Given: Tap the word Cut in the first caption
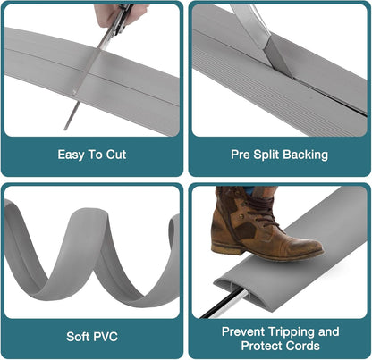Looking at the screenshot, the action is (116, 155).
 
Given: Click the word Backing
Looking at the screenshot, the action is (306, 155).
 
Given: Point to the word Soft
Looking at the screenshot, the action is (78, 337).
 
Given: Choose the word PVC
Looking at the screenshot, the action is (106, 337).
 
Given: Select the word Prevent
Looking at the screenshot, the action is (243, 331).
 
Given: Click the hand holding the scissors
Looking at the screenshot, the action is (119, 14).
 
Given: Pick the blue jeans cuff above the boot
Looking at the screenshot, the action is (249, 190).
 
